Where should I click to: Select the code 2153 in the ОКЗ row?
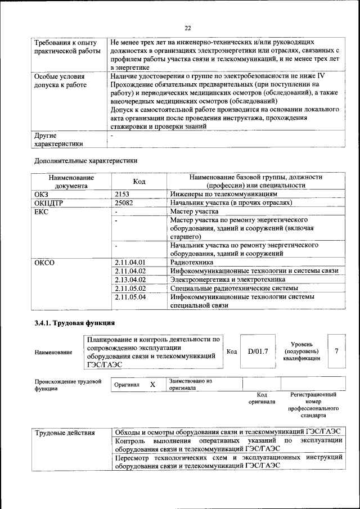coord(123,193)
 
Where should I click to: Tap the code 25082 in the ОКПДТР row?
coord(125,202)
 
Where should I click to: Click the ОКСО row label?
coord(45,262)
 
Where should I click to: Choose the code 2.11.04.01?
coord(130,262)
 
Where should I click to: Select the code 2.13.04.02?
coord(130,280)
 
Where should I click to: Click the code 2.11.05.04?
coord(130,296)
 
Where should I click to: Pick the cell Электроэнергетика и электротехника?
coord(228,280)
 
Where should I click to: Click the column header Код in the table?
coord(139,181)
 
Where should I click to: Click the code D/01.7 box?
coord(258,351)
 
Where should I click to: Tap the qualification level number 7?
coord(336,351)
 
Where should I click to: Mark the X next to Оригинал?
coord(152,384)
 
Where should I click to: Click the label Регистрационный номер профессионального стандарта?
coord(313,405)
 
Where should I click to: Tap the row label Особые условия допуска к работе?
coord(60,80)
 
